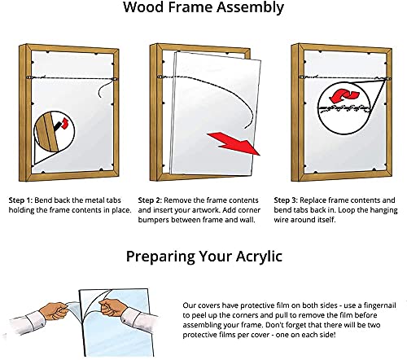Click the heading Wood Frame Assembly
(x=203, y=9)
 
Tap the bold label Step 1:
(x=25, y=200)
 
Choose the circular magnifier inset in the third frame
(x=335, y=105)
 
